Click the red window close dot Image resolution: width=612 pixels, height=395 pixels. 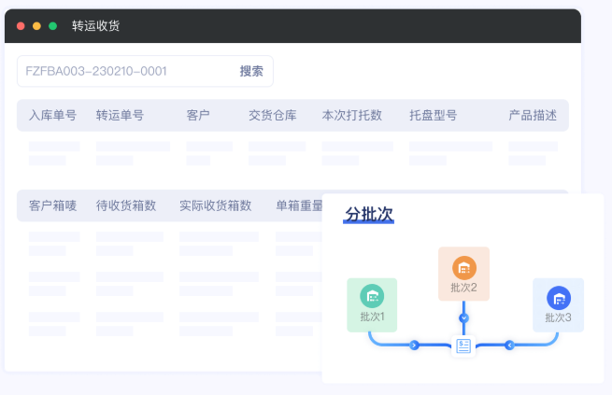(x=21, y=26)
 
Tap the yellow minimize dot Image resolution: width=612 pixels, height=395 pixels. (x=36, y=26)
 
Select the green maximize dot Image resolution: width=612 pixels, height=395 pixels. (x=52, y=26)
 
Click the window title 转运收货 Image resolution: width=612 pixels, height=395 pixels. (x=95, y=26)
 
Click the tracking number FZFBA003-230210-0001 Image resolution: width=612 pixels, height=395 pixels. (x=96, y=71)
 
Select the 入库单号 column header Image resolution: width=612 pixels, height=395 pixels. (x=52, y=116)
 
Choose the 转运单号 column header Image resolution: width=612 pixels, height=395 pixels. (x=120, y=116)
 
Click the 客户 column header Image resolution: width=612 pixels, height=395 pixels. (x=198, y=116)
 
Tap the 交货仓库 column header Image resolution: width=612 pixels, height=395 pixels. (x=273, y=116)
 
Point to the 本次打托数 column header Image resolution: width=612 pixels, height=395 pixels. (x=351, y=116)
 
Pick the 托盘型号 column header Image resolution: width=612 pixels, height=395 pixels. (x=433, y=116)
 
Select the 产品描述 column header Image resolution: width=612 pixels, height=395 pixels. (x=533, y=116)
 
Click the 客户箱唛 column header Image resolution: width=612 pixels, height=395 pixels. (x=52, y=205)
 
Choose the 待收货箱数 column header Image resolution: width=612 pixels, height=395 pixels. (x=126, y=205)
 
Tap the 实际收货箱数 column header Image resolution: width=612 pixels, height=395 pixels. (x=216, y=205)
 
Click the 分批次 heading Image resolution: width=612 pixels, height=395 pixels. (x=369, y=215)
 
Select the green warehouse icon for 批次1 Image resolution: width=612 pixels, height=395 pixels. (x=372, y=296)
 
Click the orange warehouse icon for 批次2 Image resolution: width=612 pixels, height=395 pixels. (x=464, y=268)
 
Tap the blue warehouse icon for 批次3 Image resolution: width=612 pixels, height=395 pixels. (x=559, y=298)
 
